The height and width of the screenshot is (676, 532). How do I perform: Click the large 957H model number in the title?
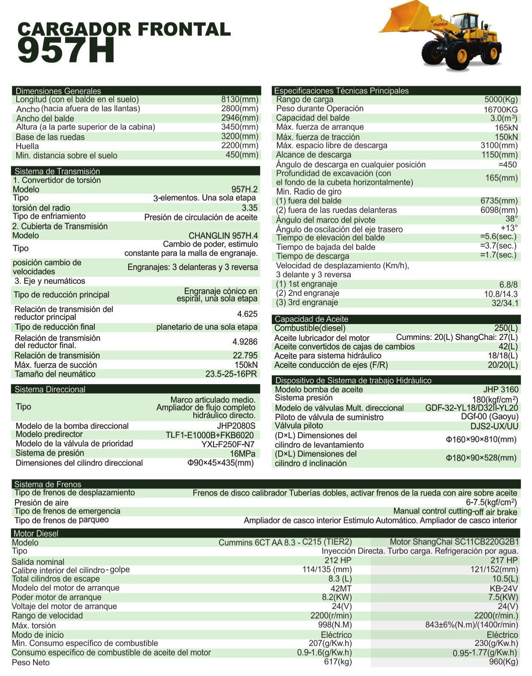click(x=66, y=51)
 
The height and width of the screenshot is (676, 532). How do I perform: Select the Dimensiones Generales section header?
click(x=58, y=91)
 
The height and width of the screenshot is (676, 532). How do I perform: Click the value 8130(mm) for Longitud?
click(x=240, y=99)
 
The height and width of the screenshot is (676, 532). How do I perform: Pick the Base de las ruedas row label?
click(x=50, y=137)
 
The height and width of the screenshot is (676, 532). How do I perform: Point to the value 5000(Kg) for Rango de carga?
click(x=501, y=99)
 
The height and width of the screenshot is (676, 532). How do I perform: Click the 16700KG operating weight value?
click(x=500, y=110)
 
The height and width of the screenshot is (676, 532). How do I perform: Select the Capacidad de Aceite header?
click(x=311, y=319)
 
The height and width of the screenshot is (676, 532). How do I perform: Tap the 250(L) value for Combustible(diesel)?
click(x=506, y=328)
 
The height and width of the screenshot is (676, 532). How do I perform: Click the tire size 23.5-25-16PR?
click(x=231, y=374)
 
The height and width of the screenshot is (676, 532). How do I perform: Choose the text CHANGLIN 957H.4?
click(x=223, y=235)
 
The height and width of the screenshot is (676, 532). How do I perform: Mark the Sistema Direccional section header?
click(x=50, y=389)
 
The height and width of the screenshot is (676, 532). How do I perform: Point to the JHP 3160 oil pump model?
click(x=501, y=389)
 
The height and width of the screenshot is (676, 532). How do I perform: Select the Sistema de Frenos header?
click(x=48, y=484)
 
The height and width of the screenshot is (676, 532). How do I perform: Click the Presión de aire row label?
click(x=41, y=502)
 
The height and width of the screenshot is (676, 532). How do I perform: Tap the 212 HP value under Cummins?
click(x=338, y=560)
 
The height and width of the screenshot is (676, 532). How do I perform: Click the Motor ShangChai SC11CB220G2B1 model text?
click(x=454, y=542)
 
